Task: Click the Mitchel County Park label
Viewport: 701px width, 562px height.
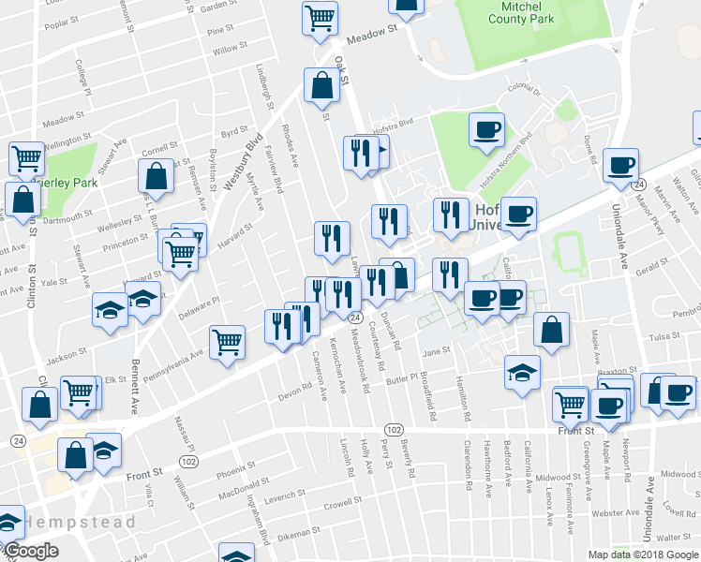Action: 521,12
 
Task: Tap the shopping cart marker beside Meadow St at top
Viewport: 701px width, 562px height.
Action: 320,16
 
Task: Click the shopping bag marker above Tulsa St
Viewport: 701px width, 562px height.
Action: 552,329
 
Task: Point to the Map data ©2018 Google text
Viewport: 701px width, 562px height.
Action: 643,555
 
